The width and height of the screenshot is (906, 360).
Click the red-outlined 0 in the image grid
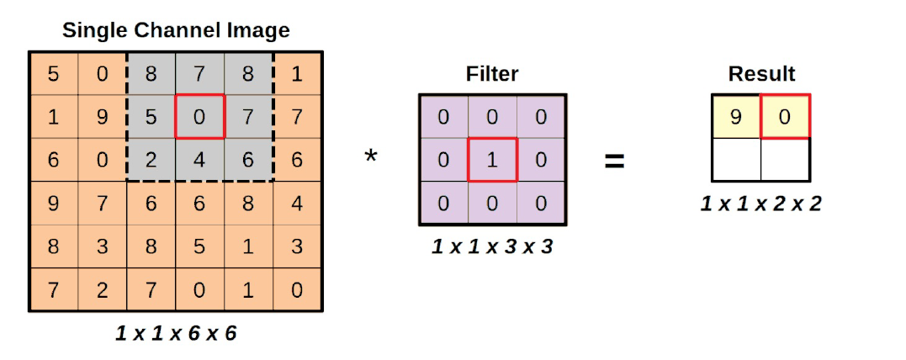pos(199,116)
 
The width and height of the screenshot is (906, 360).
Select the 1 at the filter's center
pos(492,159)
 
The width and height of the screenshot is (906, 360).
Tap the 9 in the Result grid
pos(736,116)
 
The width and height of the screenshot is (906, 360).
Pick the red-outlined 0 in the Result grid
pos(785,116)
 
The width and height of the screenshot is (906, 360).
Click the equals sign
pos(615,160)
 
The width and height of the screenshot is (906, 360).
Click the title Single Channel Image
pos(176,31)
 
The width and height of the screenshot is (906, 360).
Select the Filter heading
pos(492,74)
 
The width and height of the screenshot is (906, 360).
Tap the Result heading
pos(761,74)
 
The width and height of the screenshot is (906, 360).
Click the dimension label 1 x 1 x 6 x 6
pos(176,333)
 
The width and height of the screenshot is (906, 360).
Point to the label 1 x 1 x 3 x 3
pos(492,246)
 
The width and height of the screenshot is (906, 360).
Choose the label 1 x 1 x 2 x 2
pos(760,203)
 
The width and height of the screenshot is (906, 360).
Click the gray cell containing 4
pos(199,159)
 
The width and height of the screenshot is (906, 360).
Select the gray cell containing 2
pos(151,159)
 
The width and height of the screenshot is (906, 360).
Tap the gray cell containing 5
pos(151,116)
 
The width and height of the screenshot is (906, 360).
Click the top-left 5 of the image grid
pos(53,74)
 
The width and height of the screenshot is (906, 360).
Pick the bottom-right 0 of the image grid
pos(296,290)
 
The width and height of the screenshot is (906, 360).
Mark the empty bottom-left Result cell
pos(736,160)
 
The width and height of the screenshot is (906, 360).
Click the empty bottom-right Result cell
pos(785,160)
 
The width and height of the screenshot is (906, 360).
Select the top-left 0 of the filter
pos(443,116)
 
